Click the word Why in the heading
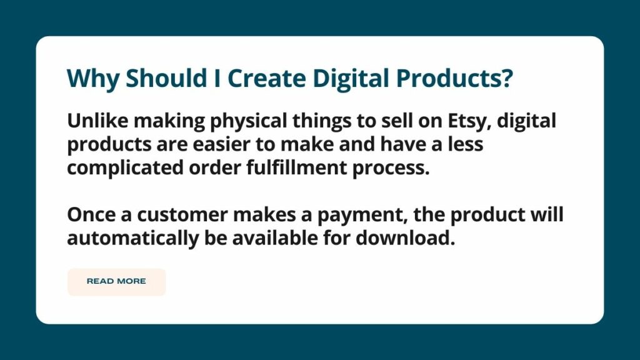tap(93, 78)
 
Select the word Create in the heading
tap(267, 77)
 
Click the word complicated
tap(125, 168)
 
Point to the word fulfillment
tap(297, 167)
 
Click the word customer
tap(182, 216)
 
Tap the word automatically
tap(132, 238)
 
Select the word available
tap(275, 238)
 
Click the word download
tap(405, 238)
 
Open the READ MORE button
tap(117, 282)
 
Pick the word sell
tap(396, 121)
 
